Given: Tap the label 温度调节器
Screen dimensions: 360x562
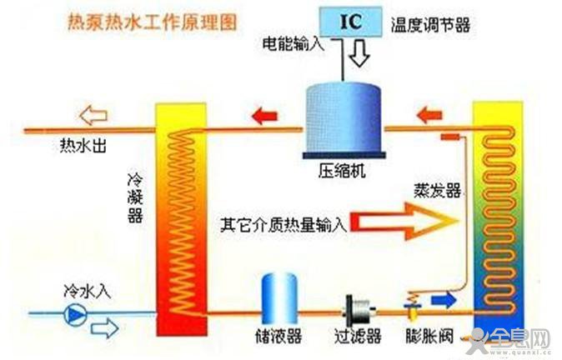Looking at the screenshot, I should (430, 25).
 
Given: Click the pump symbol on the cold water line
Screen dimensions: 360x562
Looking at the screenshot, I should (76, 314).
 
